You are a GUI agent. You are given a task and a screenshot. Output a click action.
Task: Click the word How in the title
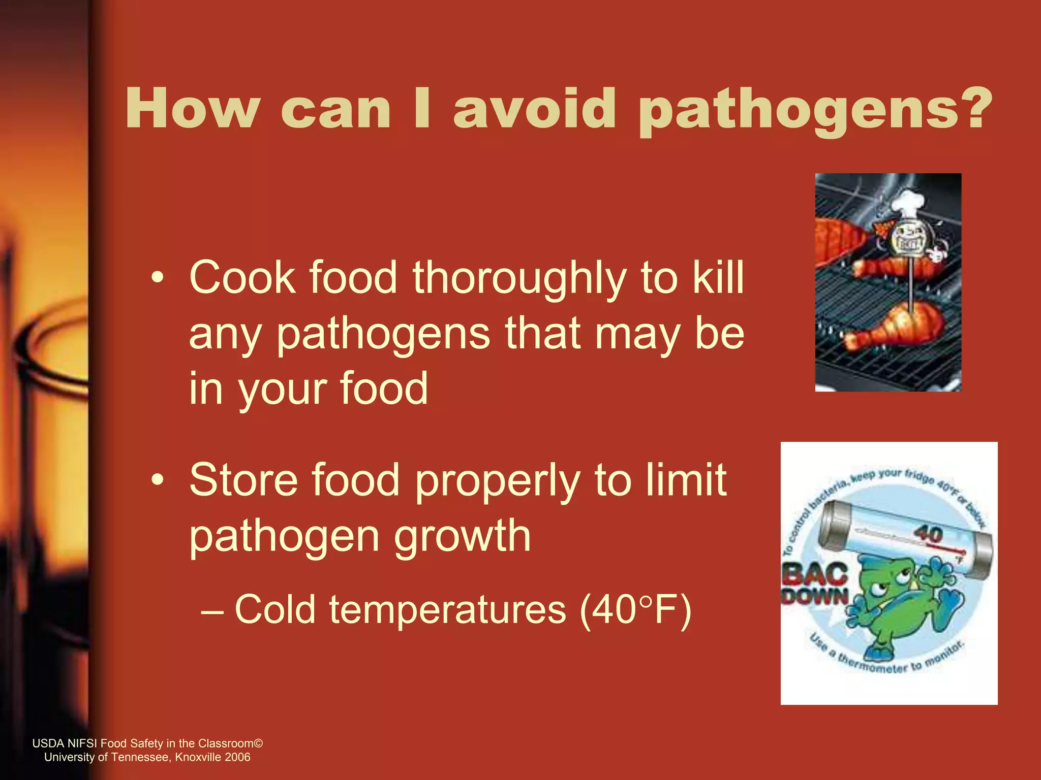(193, 108)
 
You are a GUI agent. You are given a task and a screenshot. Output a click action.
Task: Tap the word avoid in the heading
(535, 108)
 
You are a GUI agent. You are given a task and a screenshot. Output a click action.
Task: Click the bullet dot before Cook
(158, 278)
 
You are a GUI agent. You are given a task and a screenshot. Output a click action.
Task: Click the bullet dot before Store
(158, 480)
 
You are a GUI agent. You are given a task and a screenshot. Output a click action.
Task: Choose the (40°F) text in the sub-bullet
(635, 610)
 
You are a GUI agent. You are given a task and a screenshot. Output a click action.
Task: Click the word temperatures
(447, 610)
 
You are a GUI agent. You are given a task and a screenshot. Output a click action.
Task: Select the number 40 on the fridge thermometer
(928, 534)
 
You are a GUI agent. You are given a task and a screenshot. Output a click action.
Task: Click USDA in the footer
(48, 743)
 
